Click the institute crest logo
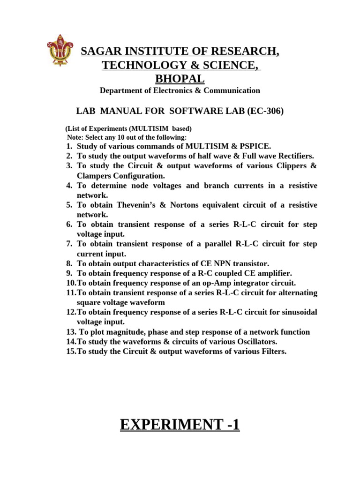coord(60,50)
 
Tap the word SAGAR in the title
coord(100,51)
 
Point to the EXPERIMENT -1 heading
coord(180,425)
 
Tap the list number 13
coord(70,332)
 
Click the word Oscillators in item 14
coord(253,342)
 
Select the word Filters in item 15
coord(272,351)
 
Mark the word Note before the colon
coord(75,137)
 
